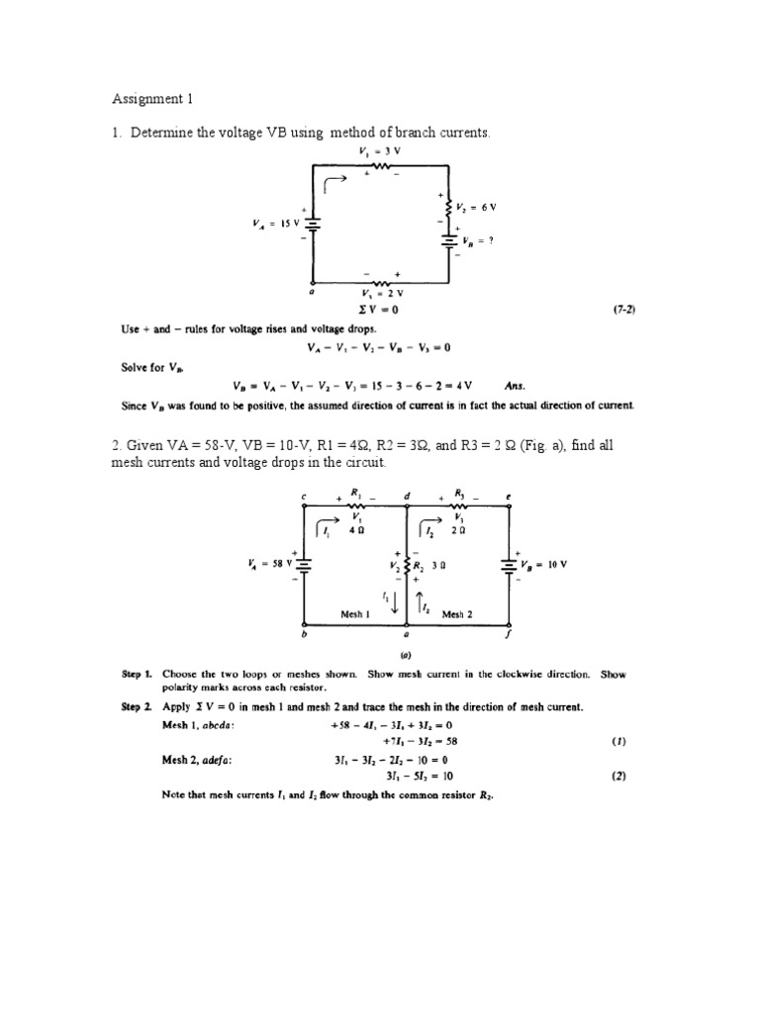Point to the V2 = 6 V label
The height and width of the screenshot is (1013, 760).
pyautogui.click(x=476, y=208)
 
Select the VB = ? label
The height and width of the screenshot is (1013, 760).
pyautogui.click(x=481, y=241)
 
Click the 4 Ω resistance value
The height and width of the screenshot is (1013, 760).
pyautogui.click(x=356, y=531)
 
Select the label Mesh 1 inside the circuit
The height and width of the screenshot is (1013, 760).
pyautogui.click(x=355, y=614)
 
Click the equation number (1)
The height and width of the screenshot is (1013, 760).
pyautogui.click(x=619, y=740)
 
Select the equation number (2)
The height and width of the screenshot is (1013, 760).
pyautogui.click(x=619, y=776)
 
